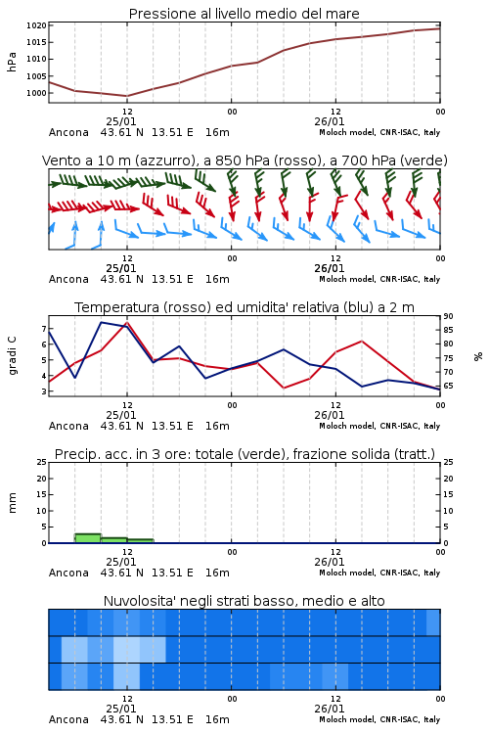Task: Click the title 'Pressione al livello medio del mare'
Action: tap(244, 14)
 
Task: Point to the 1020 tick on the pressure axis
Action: tap(36, 25)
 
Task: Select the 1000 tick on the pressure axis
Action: tap(36, 93)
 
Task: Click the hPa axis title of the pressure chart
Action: tap(12, 62)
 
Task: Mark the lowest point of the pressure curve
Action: tap(127, 96)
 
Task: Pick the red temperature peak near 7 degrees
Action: tap(127, 323)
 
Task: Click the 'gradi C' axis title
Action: tap(12, 356)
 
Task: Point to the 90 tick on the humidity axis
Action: tap(448, 316)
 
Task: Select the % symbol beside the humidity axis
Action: tap(478, 356)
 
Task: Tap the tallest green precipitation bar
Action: tap(88, 538)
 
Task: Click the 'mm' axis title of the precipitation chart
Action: tap(12, 503)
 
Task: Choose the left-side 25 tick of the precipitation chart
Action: tap(42, 462)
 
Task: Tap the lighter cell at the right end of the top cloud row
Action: tap(433, 622)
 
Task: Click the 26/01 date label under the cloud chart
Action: tap(329, 709)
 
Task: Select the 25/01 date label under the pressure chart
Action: tap(120, 121)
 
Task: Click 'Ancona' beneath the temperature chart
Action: tap(68, 426)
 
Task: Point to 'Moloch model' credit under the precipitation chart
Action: tap(347, 573)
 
